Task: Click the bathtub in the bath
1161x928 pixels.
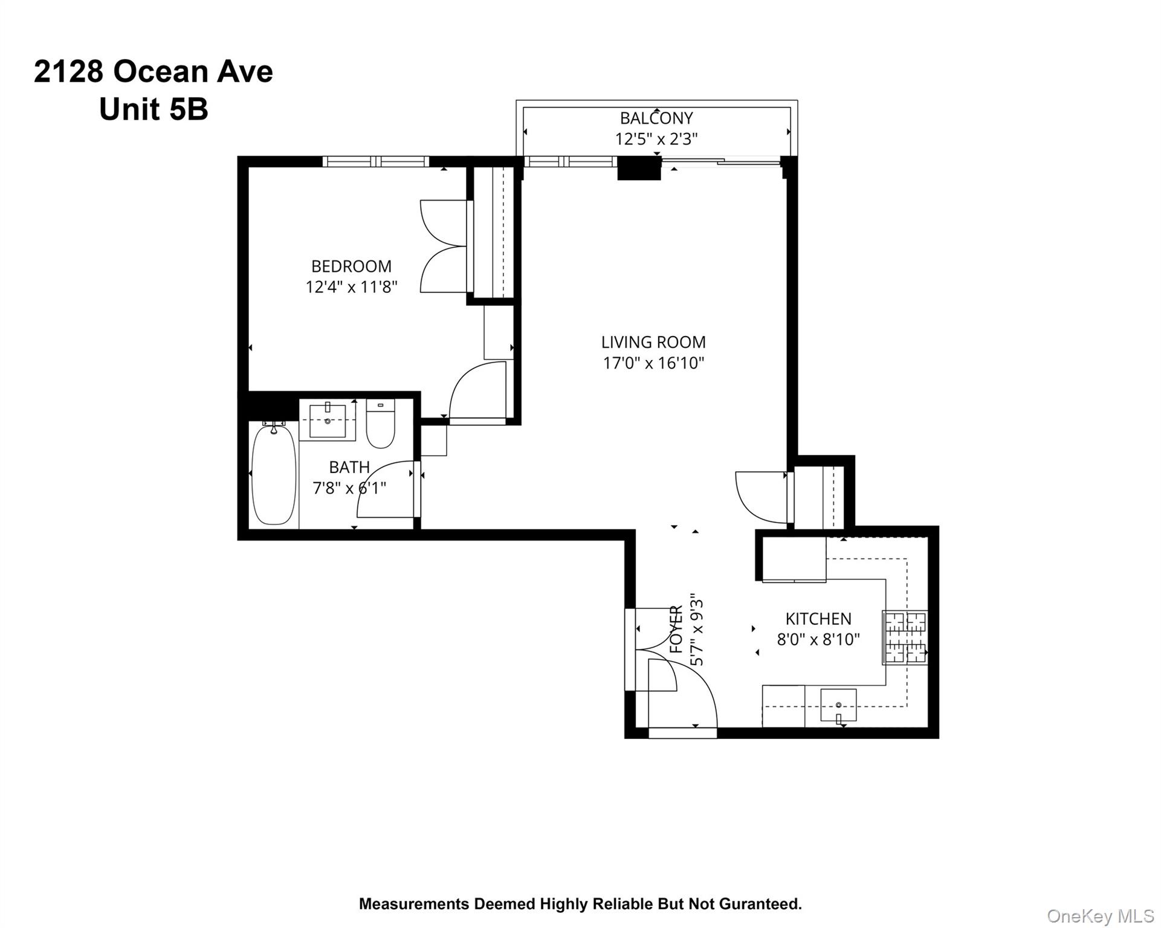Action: [274, 475]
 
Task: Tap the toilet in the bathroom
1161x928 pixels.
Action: [381, 425]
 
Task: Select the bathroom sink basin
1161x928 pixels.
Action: [328, 420]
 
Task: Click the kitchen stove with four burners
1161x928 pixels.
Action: [905, 638]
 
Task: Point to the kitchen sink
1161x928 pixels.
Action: [838, 704]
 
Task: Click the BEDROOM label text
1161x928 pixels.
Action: [351, 266]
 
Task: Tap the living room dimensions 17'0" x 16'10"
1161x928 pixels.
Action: [653, 363]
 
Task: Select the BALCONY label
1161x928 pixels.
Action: [656, 118]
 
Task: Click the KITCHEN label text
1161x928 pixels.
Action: [818, 619]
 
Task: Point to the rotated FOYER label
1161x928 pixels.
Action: [677, 630]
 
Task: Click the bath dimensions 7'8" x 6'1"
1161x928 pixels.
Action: [349, 488]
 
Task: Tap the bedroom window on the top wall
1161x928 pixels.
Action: [375, 161]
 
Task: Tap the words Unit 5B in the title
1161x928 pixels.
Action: [154, 109]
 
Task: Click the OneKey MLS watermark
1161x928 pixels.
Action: [1100, 916]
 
